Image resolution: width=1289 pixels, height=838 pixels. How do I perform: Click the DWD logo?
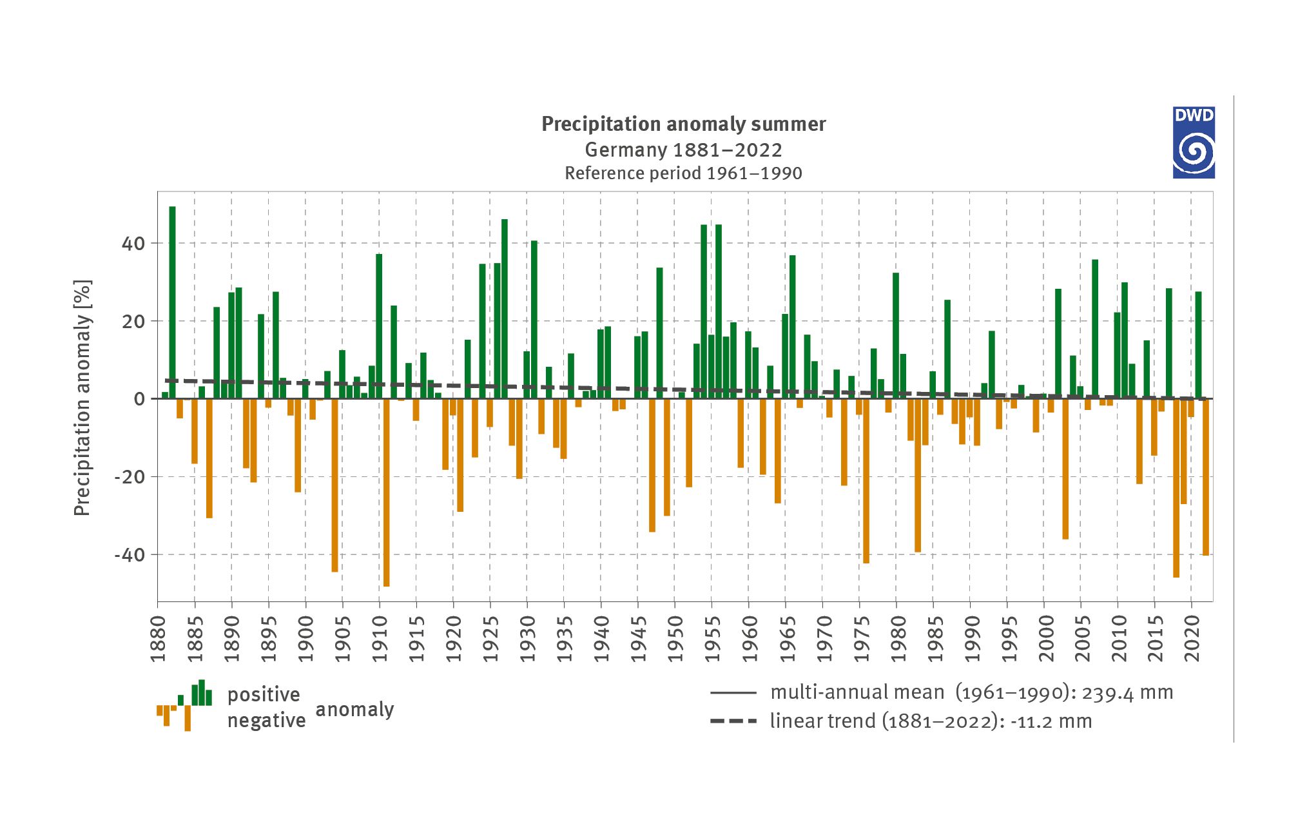1194,142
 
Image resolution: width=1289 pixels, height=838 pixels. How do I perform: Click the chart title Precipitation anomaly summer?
683,124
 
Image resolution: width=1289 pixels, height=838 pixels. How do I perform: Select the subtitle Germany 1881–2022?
683,150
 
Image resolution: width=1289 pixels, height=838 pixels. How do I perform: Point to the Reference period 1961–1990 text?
683,173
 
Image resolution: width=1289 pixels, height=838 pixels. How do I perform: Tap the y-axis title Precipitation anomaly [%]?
82,398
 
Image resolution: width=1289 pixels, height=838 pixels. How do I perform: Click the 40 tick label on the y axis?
133,244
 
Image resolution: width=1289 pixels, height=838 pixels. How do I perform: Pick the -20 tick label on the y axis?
130,477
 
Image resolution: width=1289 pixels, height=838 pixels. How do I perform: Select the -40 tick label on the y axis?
130,555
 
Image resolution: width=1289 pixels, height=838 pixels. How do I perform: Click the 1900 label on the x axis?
305,638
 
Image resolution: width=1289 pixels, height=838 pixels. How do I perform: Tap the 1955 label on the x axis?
712,638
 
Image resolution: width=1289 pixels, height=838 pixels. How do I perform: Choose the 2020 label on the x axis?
1192,638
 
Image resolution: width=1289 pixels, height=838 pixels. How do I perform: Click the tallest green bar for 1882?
172,302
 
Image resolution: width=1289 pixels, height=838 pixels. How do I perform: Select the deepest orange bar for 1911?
387,492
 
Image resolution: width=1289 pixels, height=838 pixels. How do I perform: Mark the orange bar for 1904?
334,485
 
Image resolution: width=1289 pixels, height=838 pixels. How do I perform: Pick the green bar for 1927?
505,309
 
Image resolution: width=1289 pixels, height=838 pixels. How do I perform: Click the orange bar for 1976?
866,481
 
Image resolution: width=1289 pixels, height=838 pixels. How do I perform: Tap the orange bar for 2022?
1206,477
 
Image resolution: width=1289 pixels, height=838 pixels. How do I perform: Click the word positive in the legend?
264,695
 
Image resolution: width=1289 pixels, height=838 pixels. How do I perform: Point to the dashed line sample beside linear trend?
733,721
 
